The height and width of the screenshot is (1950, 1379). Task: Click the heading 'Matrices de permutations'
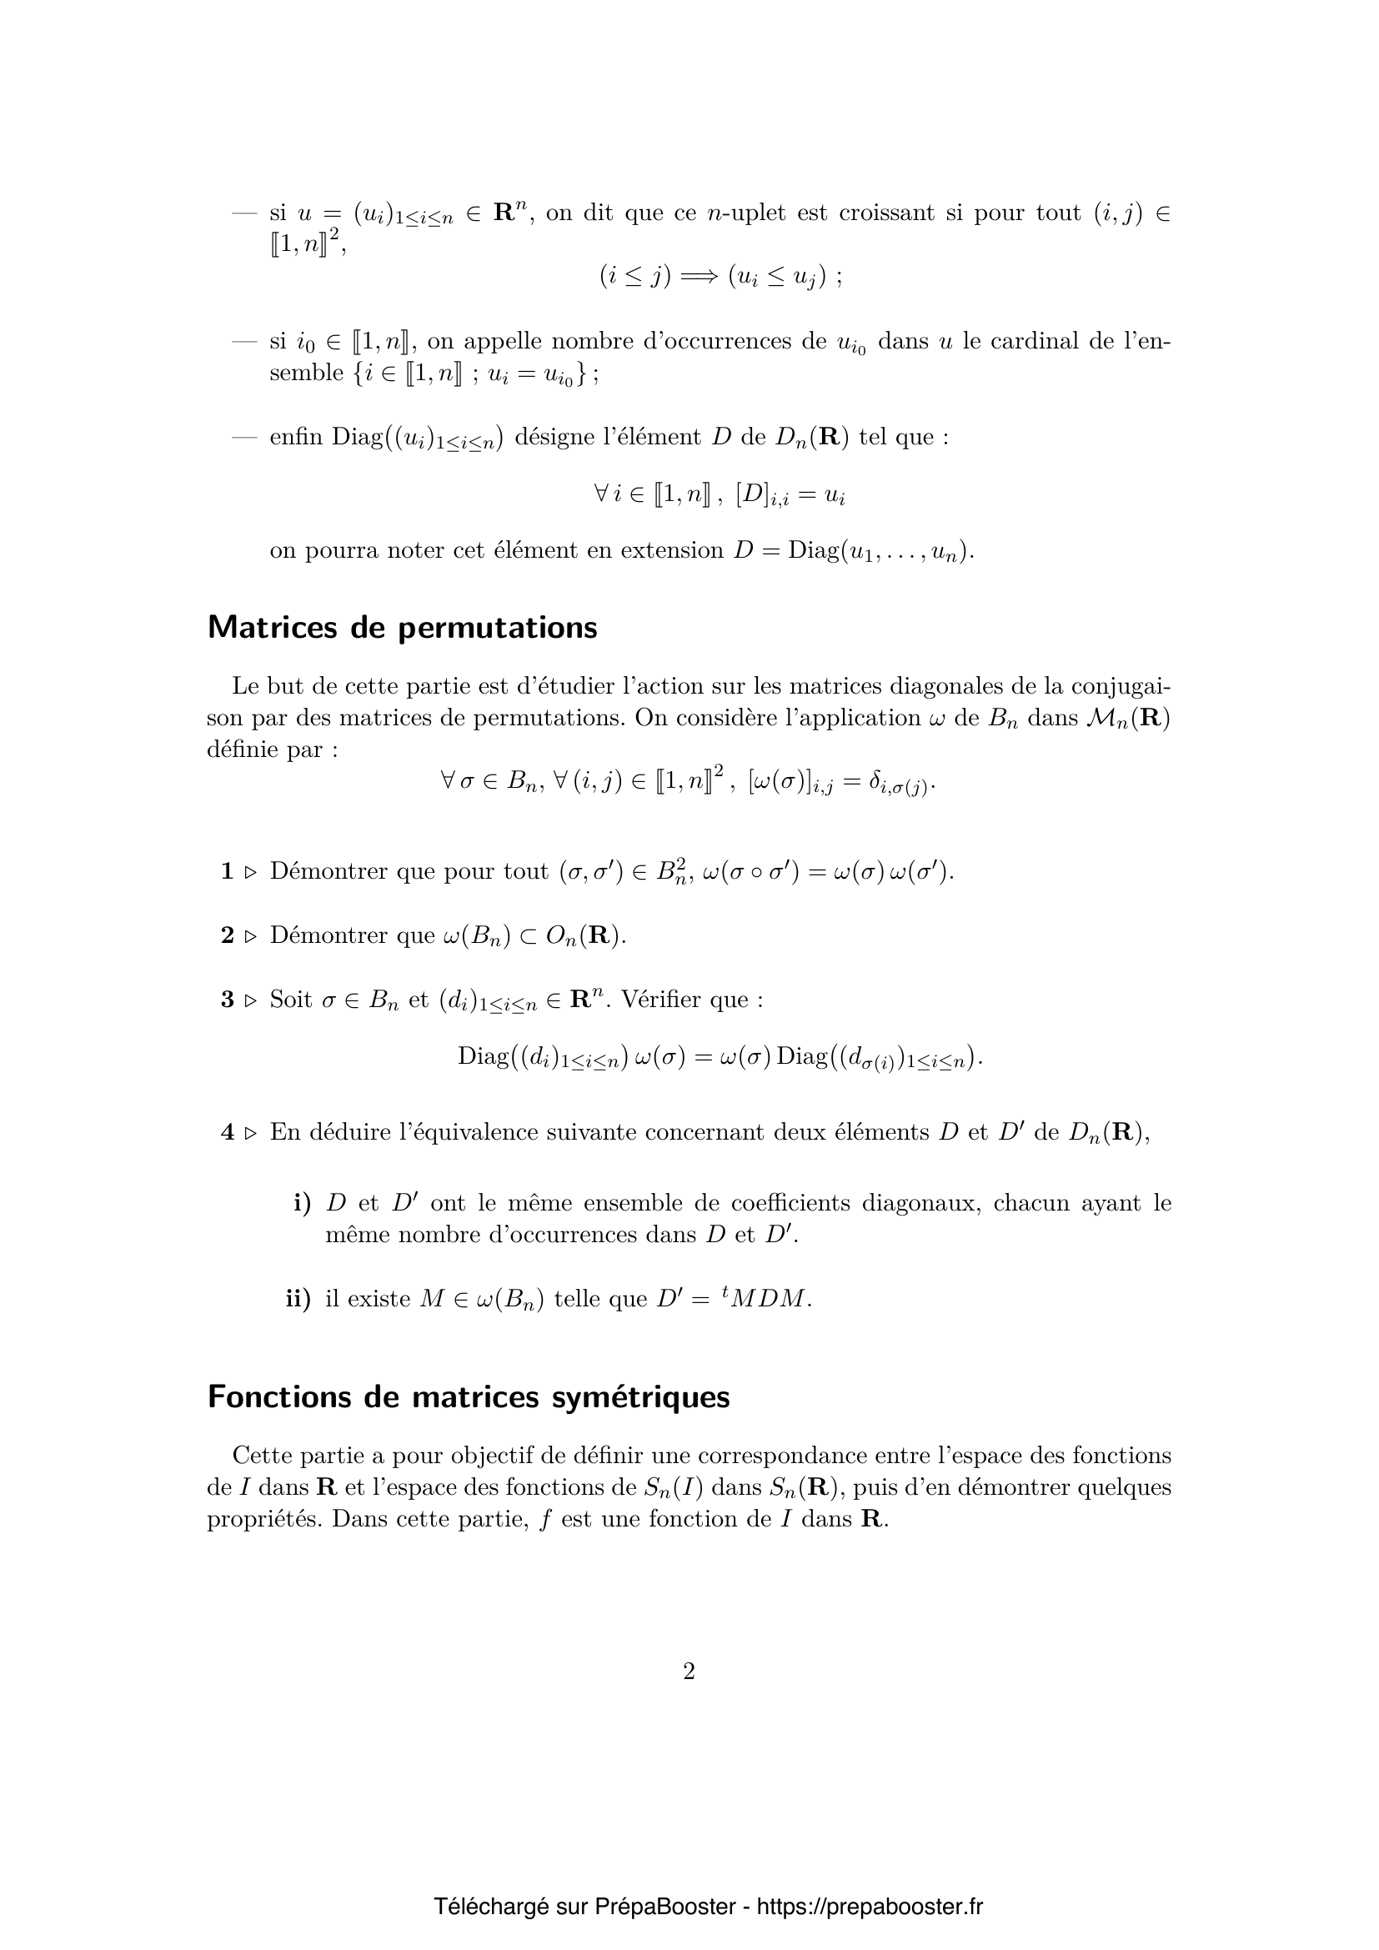(402, 628)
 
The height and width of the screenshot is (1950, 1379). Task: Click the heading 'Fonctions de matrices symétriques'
(468, 1397)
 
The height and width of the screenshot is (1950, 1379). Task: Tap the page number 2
(689, 1672)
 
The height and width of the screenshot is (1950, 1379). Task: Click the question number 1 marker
(227, 871)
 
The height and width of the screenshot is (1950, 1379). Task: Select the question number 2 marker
(227, 936)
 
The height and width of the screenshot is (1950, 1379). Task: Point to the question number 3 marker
(227, 1000)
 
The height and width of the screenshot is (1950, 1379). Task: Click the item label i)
(303, 1204)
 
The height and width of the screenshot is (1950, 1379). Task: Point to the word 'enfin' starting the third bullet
(296, 438)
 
